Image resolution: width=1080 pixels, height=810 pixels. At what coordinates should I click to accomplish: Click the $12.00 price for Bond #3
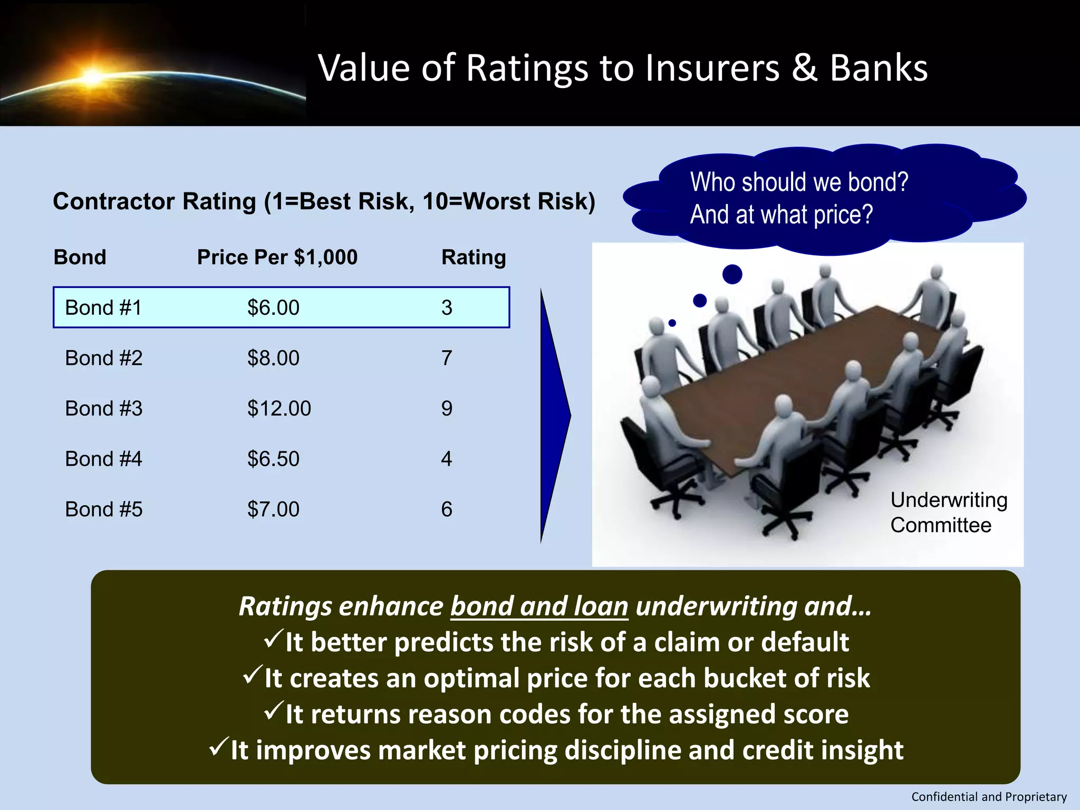pos(279,409)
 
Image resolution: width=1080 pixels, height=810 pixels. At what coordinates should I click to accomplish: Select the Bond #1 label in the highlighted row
pos(103,307)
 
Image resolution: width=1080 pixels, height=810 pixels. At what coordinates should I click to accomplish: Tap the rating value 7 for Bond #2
pos(447,358)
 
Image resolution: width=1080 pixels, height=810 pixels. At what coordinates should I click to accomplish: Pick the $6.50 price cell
pos(273,459)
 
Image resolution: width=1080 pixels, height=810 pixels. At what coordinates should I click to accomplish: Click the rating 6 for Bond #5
pos(447,509)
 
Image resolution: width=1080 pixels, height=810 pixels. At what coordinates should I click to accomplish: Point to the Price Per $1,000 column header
pos(277,257)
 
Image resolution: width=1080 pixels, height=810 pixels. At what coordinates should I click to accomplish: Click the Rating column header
pos(474,257)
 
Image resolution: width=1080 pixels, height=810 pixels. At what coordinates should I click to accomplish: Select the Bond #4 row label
pos(103,459)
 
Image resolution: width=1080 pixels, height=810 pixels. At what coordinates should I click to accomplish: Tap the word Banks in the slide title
pos(879,68)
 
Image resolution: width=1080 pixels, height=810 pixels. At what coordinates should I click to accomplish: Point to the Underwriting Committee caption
pos(948,512)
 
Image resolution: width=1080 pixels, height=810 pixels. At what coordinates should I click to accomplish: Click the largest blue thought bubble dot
pos(732,274)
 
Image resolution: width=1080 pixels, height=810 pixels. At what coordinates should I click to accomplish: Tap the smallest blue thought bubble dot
pos(672,323)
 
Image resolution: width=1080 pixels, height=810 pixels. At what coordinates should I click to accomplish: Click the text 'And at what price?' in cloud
pos(782,215)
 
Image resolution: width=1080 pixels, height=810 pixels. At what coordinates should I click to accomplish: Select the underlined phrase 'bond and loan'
pos(539,606)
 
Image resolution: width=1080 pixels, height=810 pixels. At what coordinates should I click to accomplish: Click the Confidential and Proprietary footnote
pos(989,797)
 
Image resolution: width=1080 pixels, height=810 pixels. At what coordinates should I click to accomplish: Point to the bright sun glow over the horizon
pos(93,77)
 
